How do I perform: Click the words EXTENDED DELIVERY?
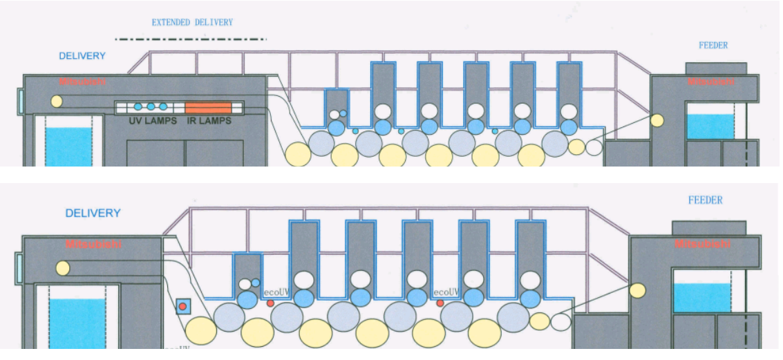tap(192, 23)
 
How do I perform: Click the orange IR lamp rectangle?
tap(207, 107)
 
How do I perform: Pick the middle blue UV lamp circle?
tap(151, 106)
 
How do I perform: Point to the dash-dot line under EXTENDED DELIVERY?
tap(191, 39)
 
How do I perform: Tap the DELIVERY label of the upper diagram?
tap(82, 56)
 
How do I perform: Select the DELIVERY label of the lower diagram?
tap(93, 213)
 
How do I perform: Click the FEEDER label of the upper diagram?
tap(713, 46)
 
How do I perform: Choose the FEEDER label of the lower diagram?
tap(705, 200)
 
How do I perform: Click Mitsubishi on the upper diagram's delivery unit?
tap(83, 82)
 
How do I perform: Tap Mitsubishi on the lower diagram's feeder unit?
tap(699, 244)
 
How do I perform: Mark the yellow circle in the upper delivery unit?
tap(56, 102)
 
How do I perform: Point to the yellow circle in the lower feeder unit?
tap(637, 291)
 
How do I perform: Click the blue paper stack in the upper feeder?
tap(710, 126)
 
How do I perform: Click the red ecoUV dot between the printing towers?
tap(440, 303)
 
